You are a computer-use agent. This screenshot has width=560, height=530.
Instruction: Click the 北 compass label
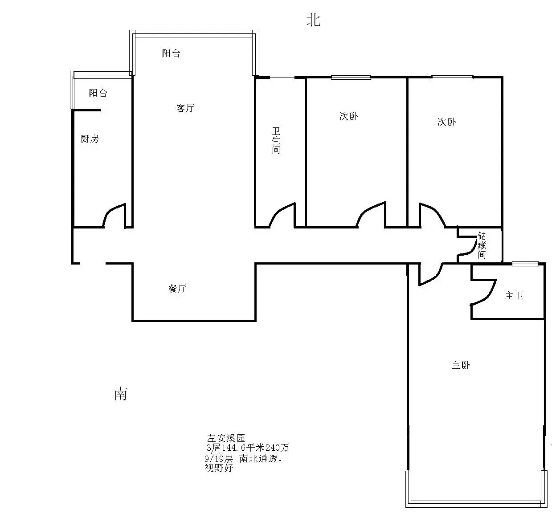[x=313, y=20]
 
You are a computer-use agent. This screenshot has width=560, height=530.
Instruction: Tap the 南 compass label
[x=120, y=394]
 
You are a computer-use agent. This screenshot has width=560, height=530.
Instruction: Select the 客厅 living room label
[x=185, y=108]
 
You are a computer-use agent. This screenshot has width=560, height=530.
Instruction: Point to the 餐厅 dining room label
[x=177, y=288]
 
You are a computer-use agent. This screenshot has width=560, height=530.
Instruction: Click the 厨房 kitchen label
[x=90, y=139]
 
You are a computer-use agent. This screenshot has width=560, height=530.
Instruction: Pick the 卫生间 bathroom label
[x=276, y=140]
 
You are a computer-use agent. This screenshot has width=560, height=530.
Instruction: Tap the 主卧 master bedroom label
[x=461, y=365]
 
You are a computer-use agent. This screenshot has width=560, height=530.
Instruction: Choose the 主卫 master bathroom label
[x=515, y=295]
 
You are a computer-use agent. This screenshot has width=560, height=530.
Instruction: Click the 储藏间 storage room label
[x=482, y=245]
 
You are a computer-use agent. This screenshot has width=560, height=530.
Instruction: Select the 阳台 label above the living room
[x=171, y=53]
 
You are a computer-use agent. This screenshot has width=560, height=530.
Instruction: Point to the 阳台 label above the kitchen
[x=98, y=93]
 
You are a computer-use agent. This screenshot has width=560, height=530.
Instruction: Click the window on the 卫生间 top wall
[x=282, y=77]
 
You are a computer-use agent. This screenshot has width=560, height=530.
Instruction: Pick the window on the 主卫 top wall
[x=525, y=264]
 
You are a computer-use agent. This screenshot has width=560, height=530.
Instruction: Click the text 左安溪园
[x=226, y=438]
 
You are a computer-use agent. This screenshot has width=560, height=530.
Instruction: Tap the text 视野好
[x=219, y=468]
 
